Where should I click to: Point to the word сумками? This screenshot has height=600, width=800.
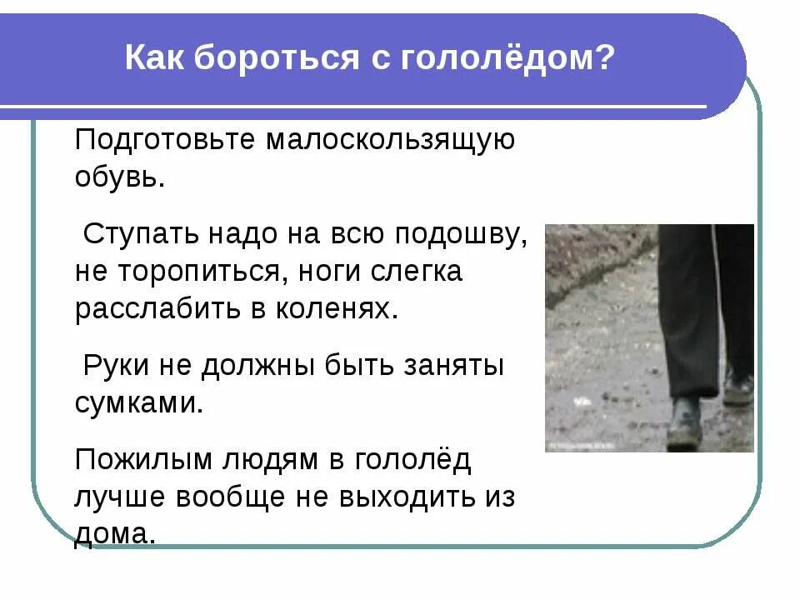[x=139, y=403]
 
